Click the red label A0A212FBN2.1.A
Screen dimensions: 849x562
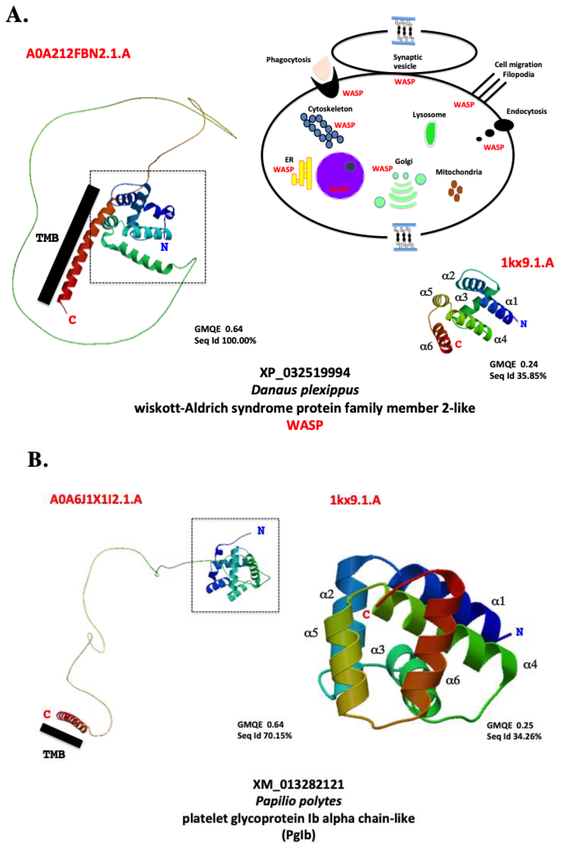[x=78, y=54]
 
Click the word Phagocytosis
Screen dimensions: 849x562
[x=288, y=60]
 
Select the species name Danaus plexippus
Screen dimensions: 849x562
[x=305, y=390]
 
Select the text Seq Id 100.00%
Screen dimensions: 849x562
[x=225, y=341]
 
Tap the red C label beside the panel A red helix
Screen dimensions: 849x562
[x=72, y=320]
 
